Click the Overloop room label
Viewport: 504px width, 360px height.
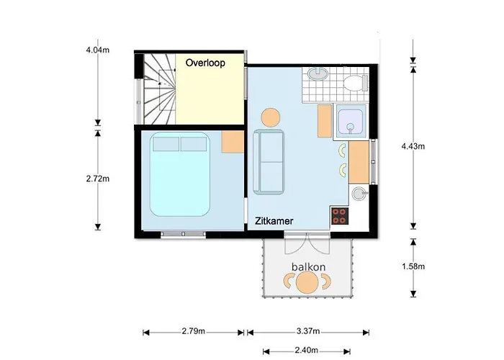coord(205,63)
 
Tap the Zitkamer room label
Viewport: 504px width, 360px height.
coord(274,222)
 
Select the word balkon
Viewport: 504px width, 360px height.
coord(308,267)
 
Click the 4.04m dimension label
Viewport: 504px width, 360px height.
coord(97,51)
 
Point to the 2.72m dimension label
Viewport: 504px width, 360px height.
coord(97,178)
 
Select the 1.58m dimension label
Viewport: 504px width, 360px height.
coord(413,266)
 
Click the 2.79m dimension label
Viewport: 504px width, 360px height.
coord(193,332)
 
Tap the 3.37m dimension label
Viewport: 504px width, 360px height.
coord(308,332)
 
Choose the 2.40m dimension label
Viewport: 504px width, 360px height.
coord(308,351)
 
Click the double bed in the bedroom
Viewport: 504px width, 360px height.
coord(180,175)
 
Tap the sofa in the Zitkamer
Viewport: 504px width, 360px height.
coord(269,161)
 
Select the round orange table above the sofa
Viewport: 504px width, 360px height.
coord(270,117)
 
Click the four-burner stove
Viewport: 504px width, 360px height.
coord(340,215)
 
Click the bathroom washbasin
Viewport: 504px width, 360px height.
coord(318,75)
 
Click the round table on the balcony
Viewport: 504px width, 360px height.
coord(308,284)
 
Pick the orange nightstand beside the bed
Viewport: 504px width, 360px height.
coord(233,142)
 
